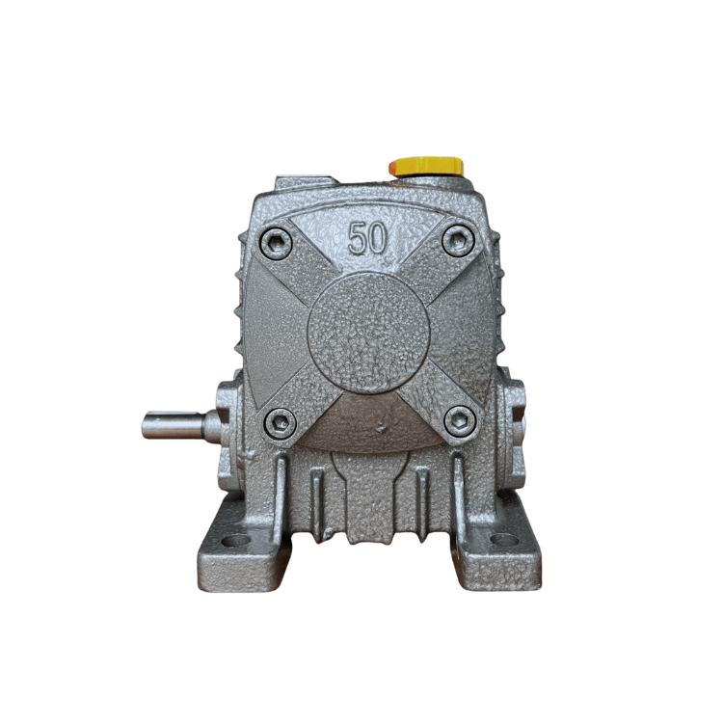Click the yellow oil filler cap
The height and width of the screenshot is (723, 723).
coord(426,167)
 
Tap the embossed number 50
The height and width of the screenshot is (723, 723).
coord(367,238)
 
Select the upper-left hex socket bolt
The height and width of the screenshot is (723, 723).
coord(277,243)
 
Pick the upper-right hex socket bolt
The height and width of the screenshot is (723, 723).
coord(458,240)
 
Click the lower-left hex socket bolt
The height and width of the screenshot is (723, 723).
coord(281,423)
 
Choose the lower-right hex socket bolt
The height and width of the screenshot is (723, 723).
coord(459,420)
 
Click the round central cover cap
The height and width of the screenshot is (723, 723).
coord(368,332)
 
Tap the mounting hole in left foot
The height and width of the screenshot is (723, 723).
coord(236,540)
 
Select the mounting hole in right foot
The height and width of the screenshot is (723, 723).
coord(503,539)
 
